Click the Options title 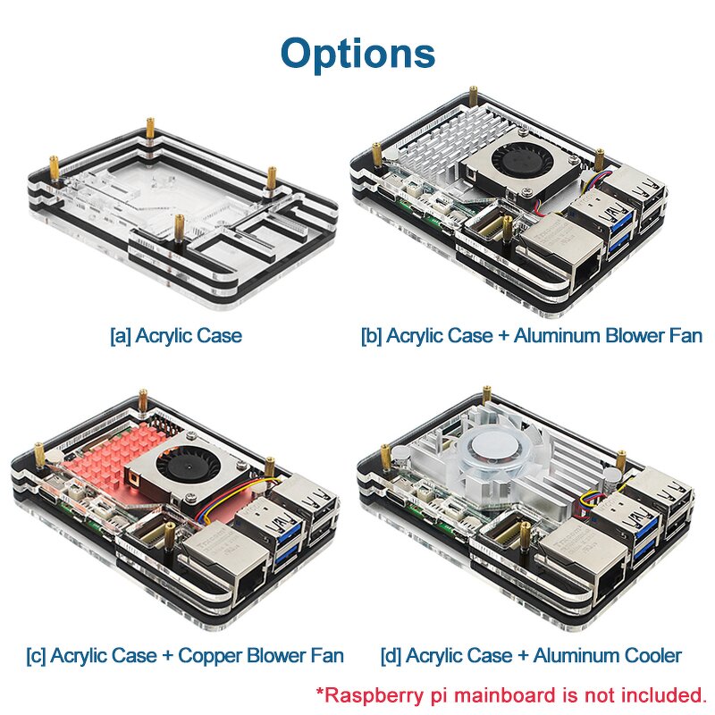point(357,54)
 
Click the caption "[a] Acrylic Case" point(175,337)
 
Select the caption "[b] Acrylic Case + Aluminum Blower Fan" point(531,337)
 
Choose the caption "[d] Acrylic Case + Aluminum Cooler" point(531,655)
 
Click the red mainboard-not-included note point(509,694)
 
